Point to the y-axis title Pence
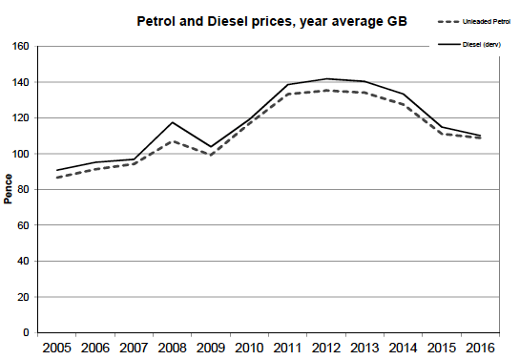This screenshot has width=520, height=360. (x=9, y=189)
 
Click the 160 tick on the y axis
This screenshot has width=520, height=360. (x=19, y=46)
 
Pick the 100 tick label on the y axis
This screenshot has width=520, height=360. (x=19, y=154)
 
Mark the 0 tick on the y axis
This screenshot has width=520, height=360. (x=26, y=333)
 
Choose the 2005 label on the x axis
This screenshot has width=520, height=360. (x=56, y=349)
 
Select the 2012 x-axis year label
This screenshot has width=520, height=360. (x=326, y=349)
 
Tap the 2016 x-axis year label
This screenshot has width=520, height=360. (x=481, y=349)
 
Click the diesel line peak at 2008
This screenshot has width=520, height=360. (x=173, y=122)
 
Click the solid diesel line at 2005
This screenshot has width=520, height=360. (x=56, y=170)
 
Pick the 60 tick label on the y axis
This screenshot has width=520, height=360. (x=22, y=225)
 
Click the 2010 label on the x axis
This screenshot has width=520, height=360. (x=248, y=349)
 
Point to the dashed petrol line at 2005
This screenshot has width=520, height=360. (x=56, y=178)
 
